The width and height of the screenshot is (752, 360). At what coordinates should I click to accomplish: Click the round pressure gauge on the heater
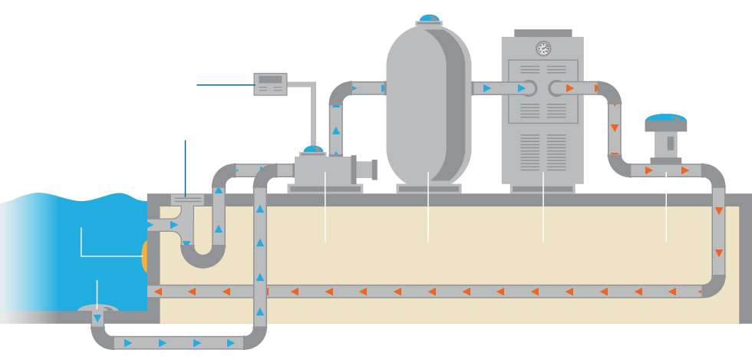(543, 49)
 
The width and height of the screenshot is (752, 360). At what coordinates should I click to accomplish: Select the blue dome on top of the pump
(312, 148)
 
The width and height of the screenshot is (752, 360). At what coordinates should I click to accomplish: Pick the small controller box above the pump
(270, 84)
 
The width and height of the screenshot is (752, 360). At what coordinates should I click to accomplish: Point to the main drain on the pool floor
(97, 309)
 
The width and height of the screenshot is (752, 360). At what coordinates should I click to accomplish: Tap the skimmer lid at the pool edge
(186, 198)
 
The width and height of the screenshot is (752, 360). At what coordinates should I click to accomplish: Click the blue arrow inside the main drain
(97, 318)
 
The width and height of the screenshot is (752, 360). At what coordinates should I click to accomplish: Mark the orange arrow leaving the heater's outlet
(570, 88)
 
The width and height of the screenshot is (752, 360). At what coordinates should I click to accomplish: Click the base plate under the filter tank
(428, 188)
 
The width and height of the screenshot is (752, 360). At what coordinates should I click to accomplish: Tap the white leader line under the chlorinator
(666, 207)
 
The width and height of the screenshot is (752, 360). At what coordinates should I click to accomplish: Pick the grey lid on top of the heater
(543, 33)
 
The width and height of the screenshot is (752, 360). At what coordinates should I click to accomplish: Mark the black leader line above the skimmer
(185, 165)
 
